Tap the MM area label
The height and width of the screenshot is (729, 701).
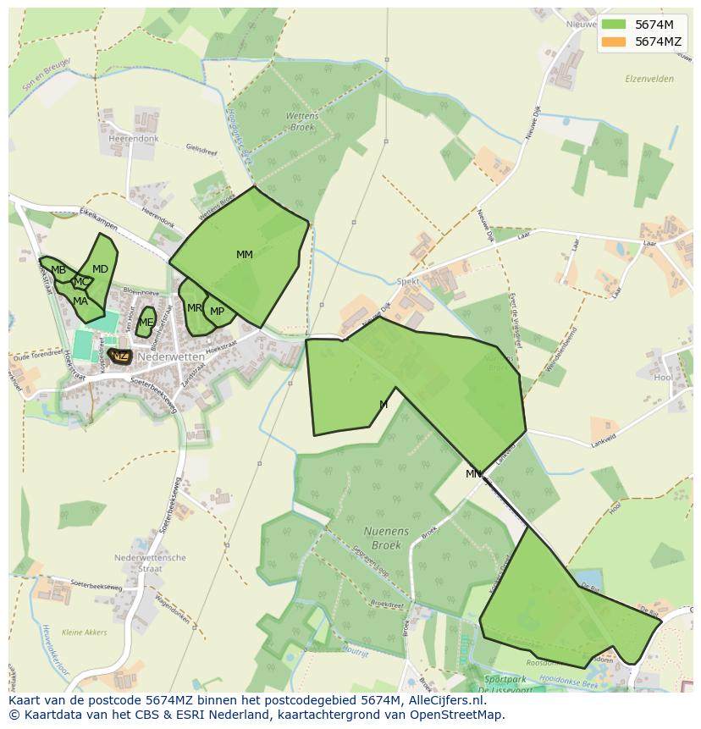(245, 255)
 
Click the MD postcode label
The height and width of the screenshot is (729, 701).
(100, 269)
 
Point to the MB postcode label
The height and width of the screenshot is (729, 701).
(58, 271)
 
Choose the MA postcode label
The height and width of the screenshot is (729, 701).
(80, 301)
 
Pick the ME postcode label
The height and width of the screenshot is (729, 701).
(146, 323)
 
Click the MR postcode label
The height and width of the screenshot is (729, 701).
(195, 308)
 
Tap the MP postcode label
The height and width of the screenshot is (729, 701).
(218, 312)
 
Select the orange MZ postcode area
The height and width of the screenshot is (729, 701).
(120, 356)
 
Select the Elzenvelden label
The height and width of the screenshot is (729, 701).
(649, 79)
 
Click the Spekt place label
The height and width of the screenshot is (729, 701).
(408, 280)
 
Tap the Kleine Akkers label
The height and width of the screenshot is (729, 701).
(85, 632)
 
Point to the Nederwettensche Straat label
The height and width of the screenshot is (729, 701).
(150, 563)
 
